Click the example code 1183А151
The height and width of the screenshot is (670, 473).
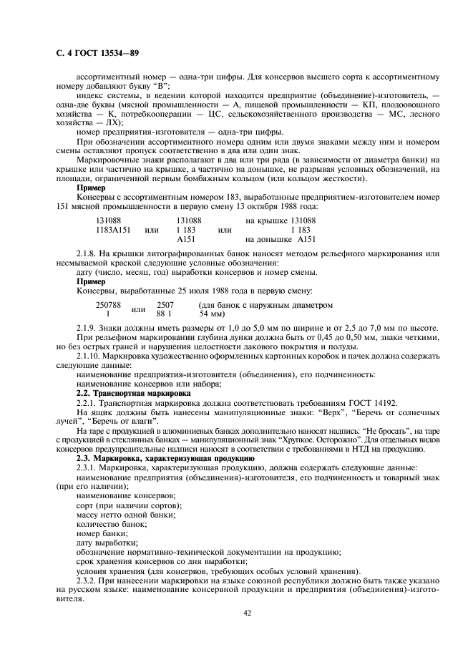pos(113,230)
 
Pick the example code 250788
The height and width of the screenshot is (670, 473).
pos(108,305)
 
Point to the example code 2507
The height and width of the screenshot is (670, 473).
pos(165,305)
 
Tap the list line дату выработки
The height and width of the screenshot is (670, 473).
pos(107,542)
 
